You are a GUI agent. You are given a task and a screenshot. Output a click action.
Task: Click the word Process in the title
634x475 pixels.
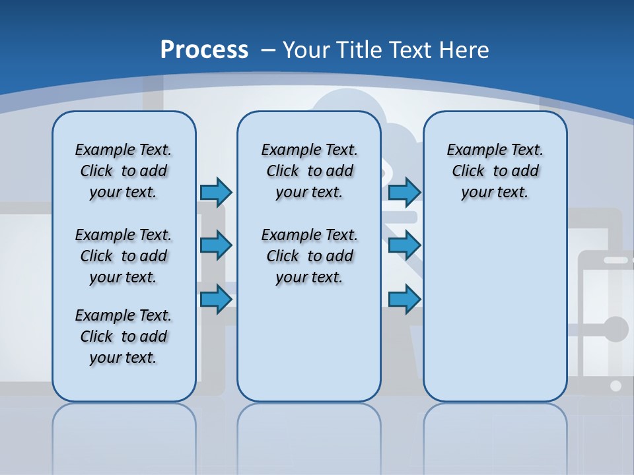point(204,49)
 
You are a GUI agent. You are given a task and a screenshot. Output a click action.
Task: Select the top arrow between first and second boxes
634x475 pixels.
point(216,192)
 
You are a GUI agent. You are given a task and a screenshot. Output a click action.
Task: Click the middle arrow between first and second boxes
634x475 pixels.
point(216,245)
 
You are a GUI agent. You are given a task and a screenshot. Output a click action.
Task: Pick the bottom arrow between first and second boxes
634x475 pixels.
point(216,299)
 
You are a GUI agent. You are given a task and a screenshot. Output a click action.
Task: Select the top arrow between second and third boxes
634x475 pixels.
point(404,192)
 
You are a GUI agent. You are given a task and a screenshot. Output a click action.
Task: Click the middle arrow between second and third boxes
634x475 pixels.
point(404,245)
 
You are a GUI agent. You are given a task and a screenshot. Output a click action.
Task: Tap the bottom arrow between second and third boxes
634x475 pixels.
point(404,299)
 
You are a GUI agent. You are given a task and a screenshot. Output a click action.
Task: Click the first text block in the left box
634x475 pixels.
point(123,171)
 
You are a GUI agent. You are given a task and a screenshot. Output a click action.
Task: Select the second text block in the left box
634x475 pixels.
point(123,256)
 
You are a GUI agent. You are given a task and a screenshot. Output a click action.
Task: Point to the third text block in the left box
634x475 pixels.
point(123,336)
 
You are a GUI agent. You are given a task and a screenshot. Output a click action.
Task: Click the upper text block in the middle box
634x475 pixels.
point(309,171)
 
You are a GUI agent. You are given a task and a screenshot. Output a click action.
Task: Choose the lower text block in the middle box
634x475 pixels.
point(309,256)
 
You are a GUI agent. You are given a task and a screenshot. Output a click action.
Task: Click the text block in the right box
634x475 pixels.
point(495,171)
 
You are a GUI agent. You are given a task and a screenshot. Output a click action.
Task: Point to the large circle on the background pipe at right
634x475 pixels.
point(616,329)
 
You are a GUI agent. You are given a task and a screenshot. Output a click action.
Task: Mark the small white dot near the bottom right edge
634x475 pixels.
point(616,386)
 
